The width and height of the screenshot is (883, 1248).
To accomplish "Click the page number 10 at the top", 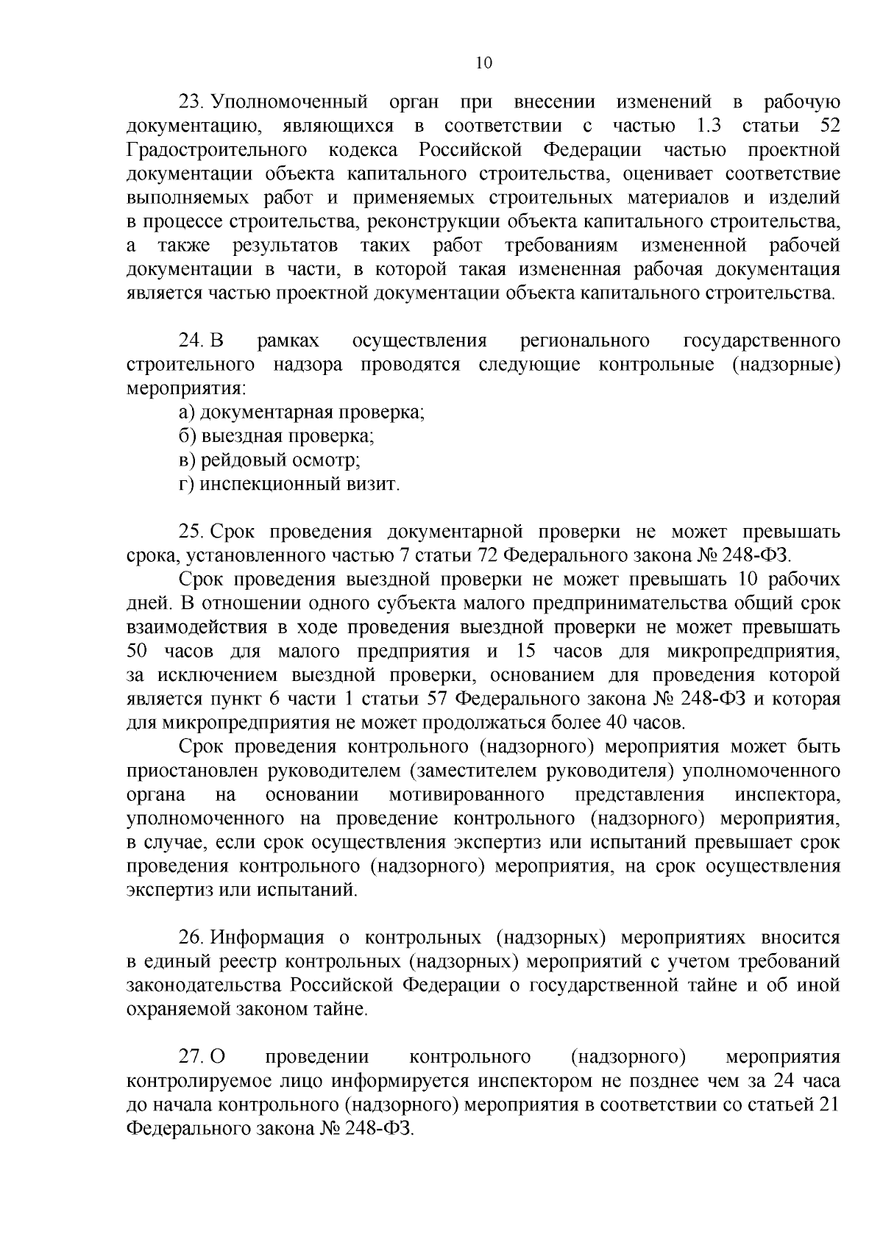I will coord(483,63).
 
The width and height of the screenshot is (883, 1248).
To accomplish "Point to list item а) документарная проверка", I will coord(302,413).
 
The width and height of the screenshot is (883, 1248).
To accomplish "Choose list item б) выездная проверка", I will coord(277,437).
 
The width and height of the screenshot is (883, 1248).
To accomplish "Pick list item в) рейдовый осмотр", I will coord(269,461).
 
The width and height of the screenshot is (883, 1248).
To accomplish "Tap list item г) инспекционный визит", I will coord(289,485).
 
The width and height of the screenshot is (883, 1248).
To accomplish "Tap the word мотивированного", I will coord(467,795).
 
